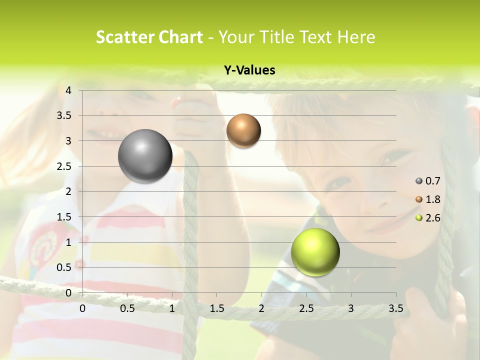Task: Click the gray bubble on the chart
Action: tap(145, 156)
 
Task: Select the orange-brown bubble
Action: tap(243, 131)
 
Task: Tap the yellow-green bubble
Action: tap(315, 252)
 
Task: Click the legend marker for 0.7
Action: tap(419, 180)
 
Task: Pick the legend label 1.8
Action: tap(433, 199)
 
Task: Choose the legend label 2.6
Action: tap(433, 218)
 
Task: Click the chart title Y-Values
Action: tap(249, 70)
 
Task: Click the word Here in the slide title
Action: tap(355, 37)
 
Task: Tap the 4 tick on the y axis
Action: tap(68, 90)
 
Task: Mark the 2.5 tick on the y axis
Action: tap(64, 166)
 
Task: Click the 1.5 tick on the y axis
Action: tap(64, 217)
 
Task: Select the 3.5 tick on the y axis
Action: tap(64, 116)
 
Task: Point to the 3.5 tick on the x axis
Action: tap(395, 308)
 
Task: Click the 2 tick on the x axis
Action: tap(261, 308)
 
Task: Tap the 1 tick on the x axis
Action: tap(172, 308)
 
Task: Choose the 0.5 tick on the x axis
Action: tap(127, 308)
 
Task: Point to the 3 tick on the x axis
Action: tap(351, 308)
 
